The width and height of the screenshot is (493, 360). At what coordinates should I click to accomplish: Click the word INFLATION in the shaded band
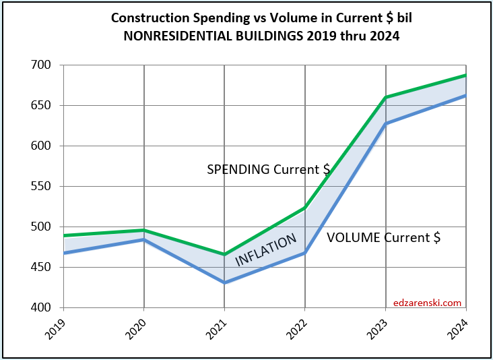[x=265, y=251]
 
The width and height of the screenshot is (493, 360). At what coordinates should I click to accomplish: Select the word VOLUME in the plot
[x=354, y=237]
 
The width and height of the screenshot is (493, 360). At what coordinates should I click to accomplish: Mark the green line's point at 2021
[x=224, y=255]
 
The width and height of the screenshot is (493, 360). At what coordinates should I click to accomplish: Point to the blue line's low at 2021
[x=224, y=282]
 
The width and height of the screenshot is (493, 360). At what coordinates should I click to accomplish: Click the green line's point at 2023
[x=386, y=97]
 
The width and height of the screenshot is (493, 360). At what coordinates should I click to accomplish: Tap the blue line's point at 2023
[x=386, y=123]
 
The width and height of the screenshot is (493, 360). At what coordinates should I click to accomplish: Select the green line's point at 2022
[x=305, y=208]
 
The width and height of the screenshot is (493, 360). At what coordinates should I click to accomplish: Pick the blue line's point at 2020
[x=143, y=239]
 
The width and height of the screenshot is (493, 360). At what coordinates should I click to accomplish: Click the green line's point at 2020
[x=143, y=231]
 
